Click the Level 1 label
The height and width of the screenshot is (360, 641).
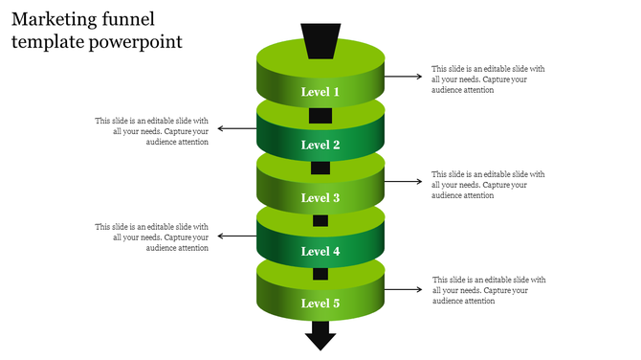tap(320, 92)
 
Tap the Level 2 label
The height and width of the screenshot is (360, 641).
tap(320, 146)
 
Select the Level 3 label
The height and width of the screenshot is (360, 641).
tap(320, 198)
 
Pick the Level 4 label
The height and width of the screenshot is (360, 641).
tap(320, 252)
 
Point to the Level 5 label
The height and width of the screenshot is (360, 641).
tap(320, 304)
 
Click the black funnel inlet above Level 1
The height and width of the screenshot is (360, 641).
tap(320, 41)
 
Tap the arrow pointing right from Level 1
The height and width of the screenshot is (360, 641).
tap(403, 76)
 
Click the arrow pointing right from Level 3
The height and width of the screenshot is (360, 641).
tap(403, 181)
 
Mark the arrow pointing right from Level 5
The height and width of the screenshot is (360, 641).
tap(403, 288)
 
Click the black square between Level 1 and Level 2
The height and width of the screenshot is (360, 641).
tap(320, 116)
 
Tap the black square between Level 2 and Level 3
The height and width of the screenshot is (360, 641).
tap(320, 169)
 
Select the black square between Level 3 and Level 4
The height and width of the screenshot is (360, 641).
tap(320, 221)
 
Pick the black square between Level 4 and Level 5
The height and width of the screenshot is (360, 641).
tap(320, 274)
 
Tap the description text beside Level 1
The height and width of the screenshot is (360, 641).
tap(488, 79)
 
